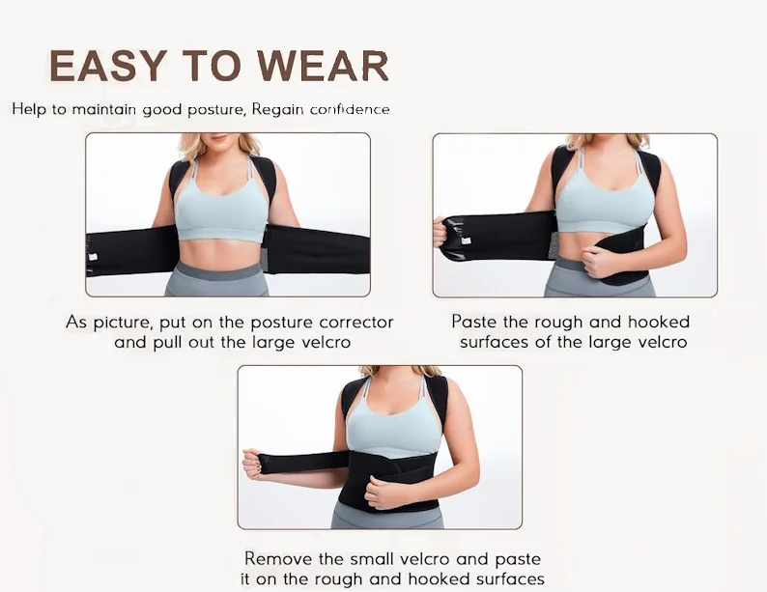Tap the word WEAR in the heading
click(324, 66)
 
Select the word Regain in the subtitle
click(277, 109)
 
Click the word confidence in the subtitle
click(350, 109)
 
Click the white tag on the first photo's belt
click(92, 257)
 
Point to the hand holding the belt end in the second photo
click(440, 232)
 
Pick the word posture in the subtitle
click(217, 110)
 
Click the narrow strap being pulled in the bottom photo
click(303, 463)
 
